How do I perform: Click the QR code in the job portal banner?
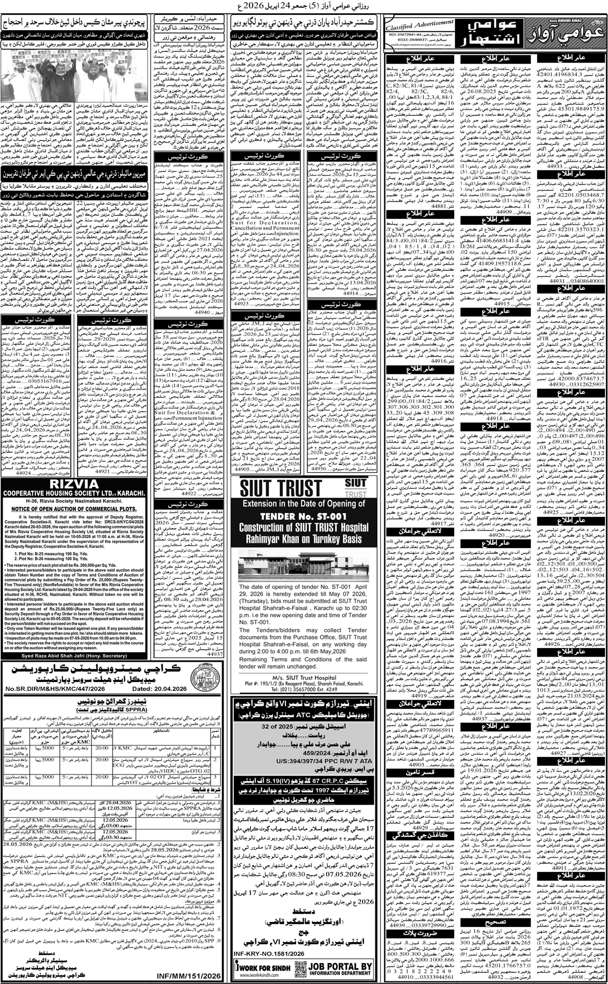click(299, 968)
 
